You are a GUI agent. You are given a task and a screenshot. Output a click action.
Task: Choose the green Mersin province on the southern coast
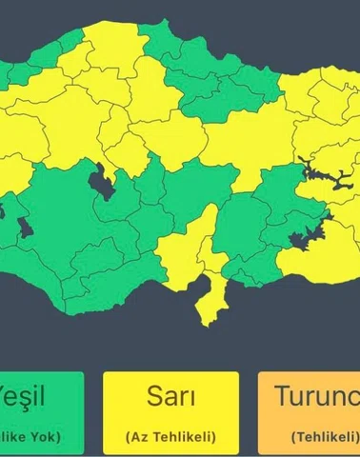[124, 271]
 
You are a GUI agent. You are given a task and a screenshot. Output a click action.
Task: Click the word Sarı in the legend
[170, 396]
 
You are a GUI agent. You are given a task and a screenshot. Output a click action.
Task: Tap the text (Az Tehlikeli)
[170, 435]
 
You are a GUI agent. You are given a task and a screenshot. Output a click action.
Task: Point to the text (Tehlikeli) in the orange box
[324, 436]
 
